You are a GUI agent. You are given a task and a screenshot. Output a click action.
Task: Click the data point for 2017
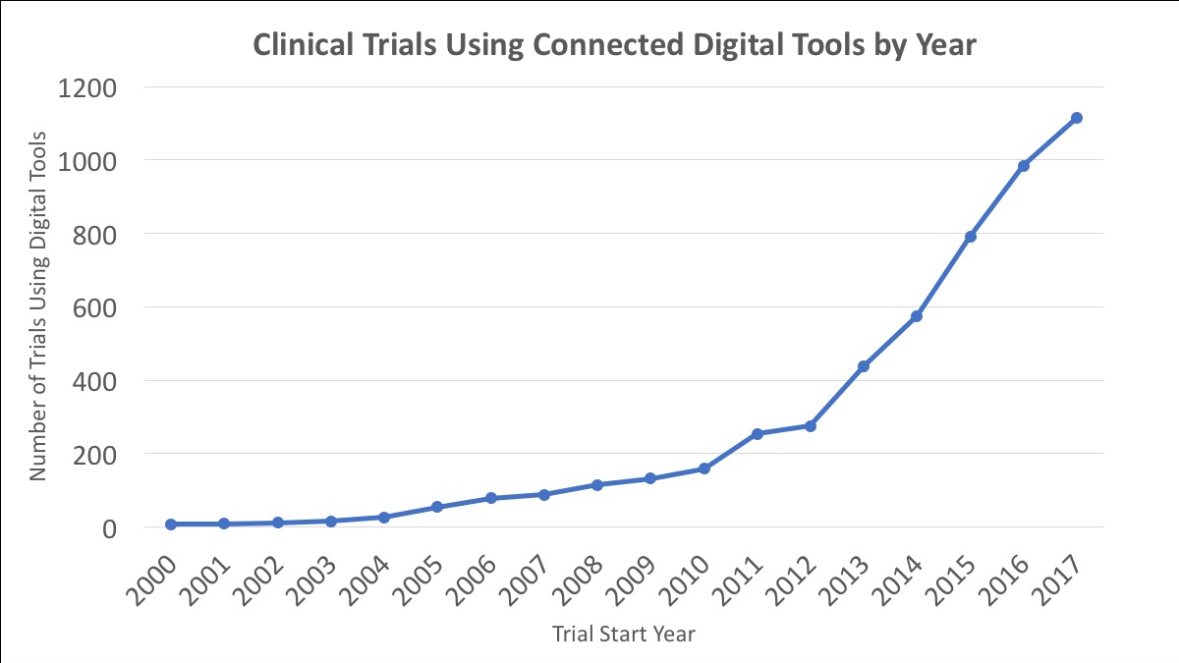pos(1077,118)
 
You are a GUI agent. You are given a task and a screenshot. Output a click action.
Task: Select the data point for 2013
pos(864,366)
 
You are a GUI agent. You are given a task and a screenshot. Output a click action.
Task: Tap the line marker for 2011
pos(757,433)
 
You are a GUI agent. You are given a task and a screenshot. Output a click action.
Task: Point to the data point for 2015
pos(970,237)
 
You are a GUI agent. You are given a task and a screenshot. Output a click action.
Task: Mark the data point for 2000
pos(171,525)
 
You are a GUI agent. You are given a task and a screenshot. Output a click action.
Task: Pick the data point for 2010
pos(703,469)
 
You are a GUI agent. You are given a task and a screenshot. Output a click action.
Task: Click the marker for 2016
pos(1024,166)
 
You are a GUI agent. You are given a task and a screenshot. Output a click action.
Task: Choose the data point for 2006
pos(490,498)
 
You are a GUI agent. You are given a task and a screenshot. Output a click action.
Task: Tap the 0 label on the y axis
pos(109,528)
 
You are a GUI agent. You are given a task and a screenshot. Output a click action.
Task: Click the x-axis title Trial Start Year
pos(622,635)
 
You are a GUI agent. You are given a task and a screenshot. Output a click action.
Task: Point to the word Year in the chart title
pos(941,45)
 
